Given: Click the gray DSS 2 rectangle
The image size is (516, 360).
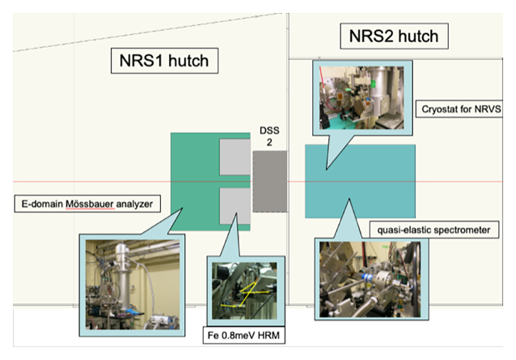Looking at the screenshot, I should point(270,182).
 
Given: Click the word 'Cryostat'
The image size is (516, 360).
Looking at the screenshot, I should point(439,108).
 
